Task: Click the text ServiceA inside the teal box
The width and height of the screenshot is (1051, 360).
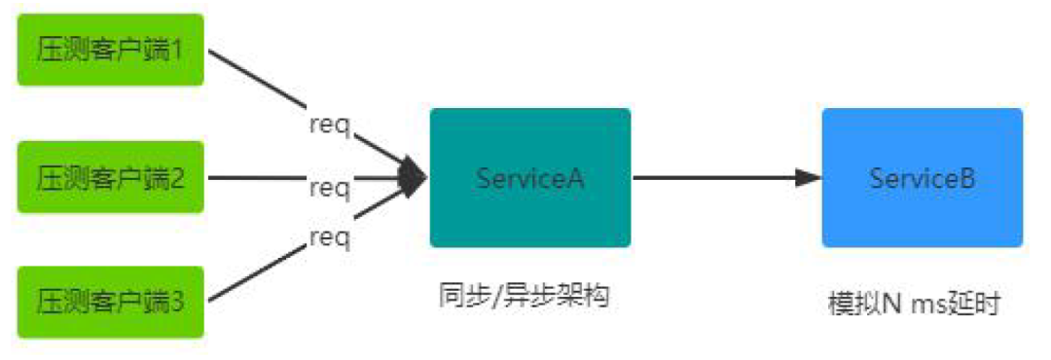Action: click(530, 178)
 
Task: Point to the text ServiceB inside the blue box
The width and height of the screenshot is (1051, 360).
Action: click(922, 178)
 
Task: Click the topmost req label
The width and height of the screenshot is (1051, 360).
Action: click(329, 126)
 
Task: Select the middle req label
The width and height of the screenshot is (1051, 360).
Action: click(329, 187)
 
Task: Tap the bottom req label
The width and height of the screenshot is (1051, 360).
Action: click(329, 235)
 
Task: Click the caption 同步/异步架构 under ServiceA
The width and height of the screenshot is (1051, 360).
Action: click(524, 297)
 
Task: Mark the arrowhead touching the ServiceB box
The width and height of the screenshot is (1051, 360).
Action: click(808, 178)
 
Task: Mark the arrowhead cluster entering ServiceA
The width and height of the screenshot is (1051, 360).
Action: click(414, 178)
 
